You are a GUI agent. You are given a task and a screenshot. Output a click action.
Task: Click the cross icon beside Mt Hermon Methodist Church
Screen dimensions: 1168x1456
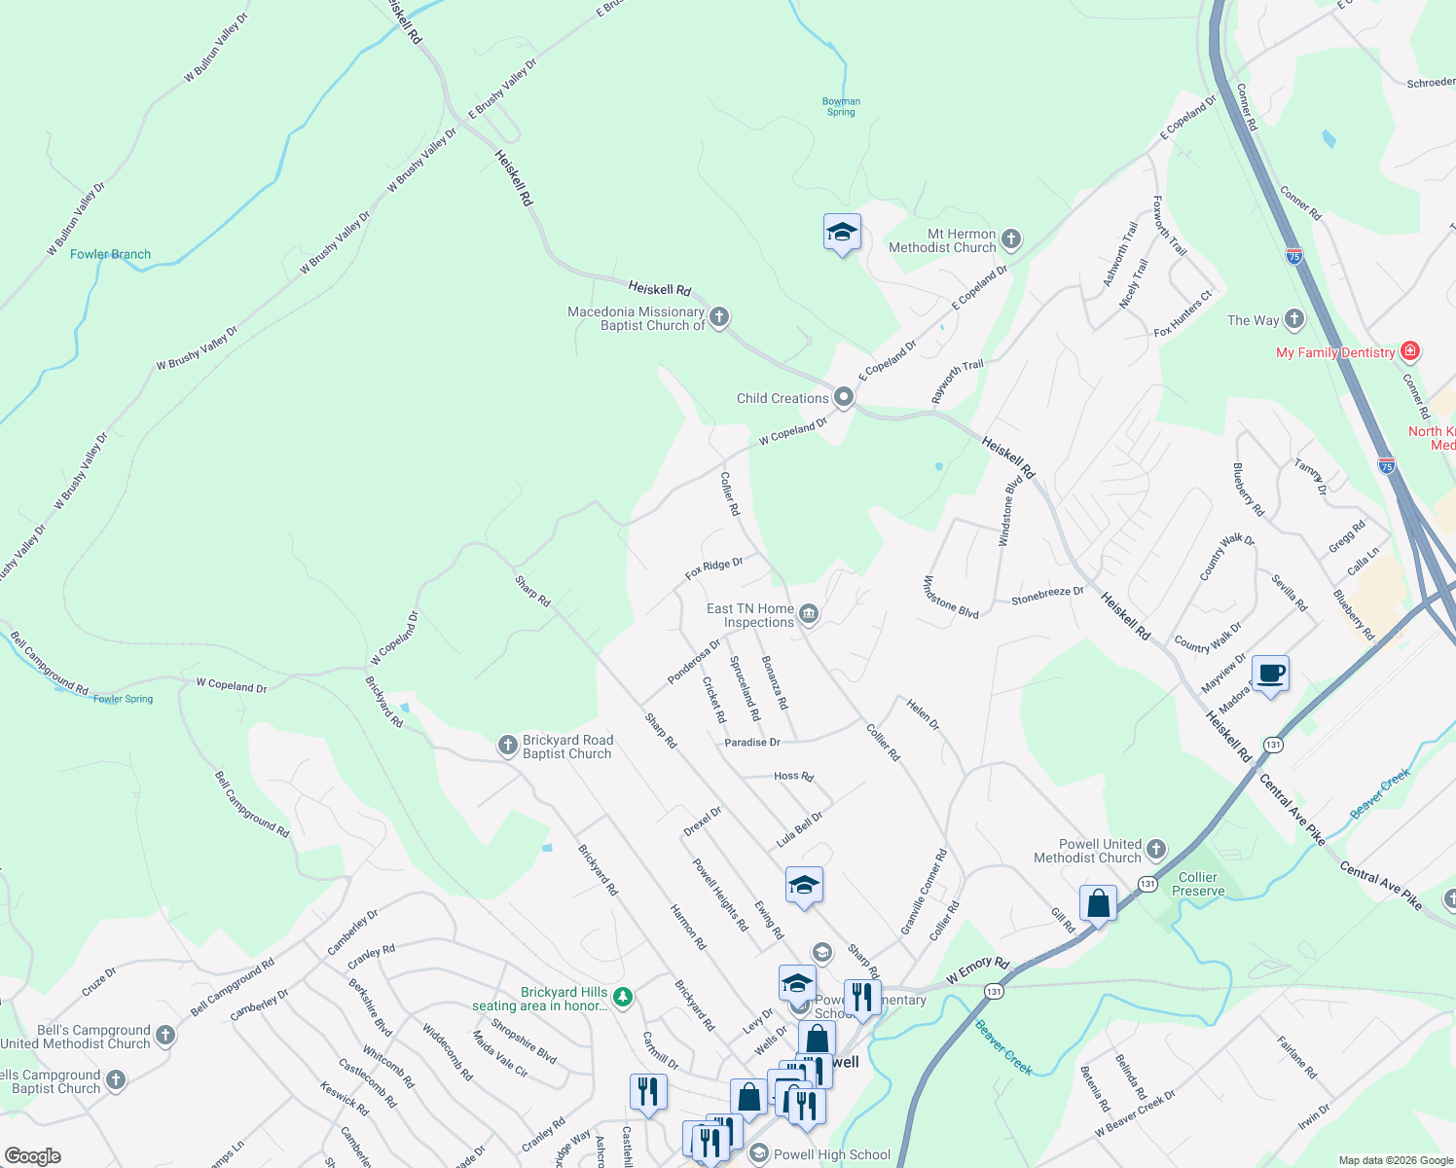pyautogui.click(x=1011, y=238)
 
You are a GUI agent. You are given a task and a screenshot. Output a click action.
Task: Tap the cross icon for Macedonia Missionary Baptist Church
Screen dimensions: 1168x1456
pyautogui.click(x=719, y=317)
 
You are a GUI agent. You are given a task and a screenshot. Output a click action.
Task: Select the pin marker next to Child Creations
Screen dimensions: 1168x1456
pyautogui.click(x=844, y=397)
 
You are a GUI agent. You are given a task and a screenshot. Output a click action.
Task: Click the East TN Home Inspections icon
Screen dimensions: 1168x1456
pyautogui.click(x=809, y=614)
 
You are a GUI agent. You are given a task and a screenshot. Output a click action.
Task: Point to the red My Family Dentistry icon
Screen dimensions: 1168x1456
pyautogui.click(x=1409, y=351)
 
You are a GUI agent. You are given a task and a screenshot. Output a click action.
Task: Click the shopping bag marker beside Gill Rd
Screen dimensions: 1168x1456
pyautogui.click(x=1098, y=903)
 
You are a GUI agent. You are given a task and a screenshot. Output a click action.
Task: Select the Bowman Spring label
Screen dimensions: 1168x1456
pyautogui.click(x=841, y=106)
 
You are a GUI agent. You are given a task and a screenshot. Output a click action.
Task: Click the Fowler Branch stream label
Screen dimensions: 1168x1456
pyautogui.click(x=110, y=254)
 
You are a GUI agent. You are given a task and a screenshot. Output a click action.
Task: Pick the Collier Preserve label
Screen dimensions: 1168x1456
pyautogui.click(x=1198, y=884)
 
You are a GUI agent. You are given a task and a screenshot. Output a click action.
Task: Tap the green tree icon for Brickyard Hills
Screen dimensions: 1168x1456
pyautogui.click(x=623, y=997)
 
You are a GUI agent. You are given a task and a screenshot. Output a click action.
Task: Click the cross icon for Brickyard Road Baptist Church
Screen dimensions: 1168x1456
pyautogui.click(x=507, y=746)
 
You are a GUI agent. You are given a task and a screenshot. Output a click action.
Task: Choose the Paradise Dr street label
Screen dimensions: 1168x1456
pyautogui.click(x=752, y=743)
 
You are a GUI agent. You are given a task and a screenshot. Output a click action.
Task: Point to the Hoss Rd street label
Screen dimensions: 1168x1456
pyautogui.click(x=793, y=776)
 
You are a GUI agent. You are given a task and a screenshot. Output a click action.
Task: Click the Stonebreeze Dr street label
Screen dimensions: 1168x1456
pyautogui.click(x=1047, y=596)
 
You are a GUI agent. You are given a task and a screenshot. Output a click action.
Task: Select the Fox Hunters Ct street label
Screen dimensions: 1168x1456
pyautogui.click(x=1183, y=314)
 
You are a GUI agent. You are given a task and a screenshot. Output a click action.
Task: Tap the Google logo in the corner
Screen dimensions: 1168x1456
pyautogui.click(x=33, y=1155)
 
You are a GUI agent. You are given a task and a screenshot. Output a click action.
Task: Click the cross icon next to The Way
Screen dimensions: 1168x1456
pyautogui.click(x=1293, y=318)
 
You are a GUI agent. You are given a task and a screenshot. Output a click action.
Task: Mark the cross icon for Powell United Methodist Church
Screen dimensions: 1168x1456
pyautogui.click(x=1155, y=850)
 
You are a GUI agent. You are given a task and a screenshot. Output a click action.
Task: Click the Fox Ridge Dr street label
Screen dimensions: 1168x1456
pyautogui.click(x=713, y=568)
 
